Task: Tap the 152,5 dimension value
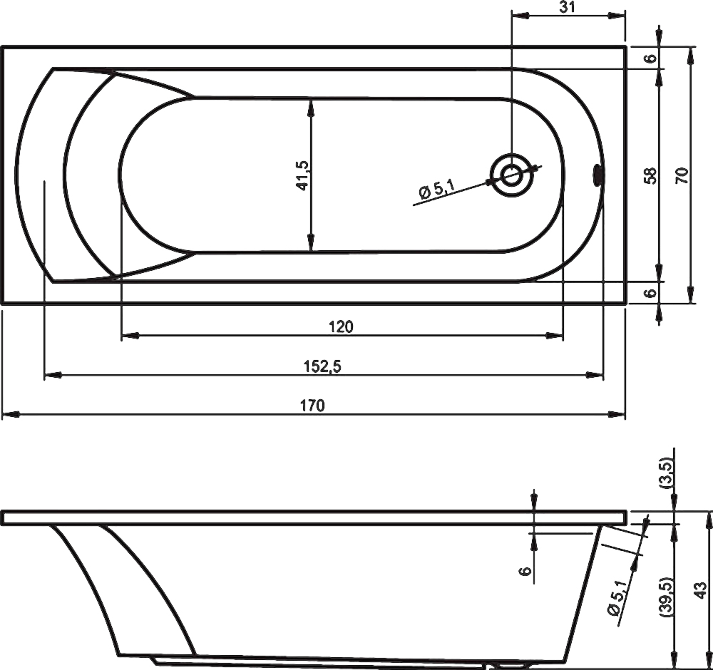tap(322, 366)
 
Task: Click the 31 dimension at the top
tap(567, 7)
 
